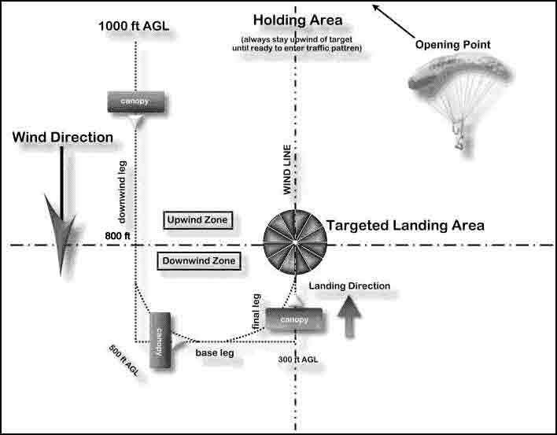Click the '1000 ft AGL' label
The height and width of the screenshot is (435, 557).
click(x=134, y=26)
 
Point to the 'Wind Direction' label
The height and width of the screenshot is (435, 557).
click(x=62, y=138)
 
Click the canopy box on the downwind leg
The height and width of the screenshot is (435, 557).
click(x=135, y=101)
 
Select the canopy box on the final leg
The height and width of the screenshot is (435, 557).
click(x=293, y=320)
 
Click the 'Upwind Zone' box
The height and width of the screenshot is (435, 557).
click(x=199, y=220)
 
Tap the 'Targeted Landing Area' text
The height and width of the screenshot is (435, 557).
click(x=405, y=225)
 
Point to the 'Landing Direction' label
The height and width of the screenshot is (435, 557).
click(x=349, y=286)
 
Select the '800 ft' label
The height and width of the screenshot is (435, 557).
click(x=116, y=234)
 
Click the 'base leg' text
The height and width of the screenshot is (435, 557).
click(x=215, y=354)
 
